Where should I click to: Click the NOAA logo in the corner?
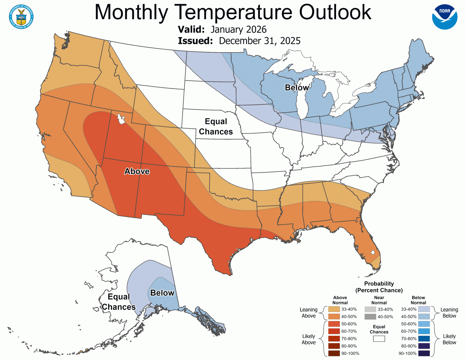click(x=445, y=17)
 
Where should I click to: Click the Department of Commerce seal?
click(x=21, y=17)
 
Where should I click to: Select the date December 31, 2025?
click(x=260, y=41)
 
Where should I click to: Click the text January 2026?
click(x=238, y=29)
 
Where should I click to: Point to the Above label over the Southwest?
click(x=137, y=171)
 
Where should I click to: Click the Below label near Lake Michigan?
click(x=297, y=88)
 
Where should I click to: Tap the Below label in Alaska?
click(x=162, y=293)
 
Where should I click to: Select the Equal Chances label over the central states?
click(x=216, y=127)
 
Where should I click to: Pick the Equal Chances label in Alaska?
click(x=119, y=302)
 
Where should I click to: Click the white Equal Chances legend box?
click(x=379, y=339)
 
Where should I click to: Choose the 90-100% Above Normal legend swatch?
click(x=334, y=353)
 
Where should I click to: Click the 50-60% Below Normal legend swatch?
click(x=424, y=324)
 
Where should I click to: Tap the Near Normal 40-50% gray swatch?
click(x=370, y=316)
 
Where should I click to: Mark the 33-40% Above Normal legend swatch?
click(x=334, y=309)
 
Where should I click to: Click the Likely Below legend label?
click(x=449, y=339)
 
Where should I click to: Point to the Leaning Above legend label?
click(x=308, y=313)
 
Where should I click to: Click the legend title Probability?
click(x=379, y=283)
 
